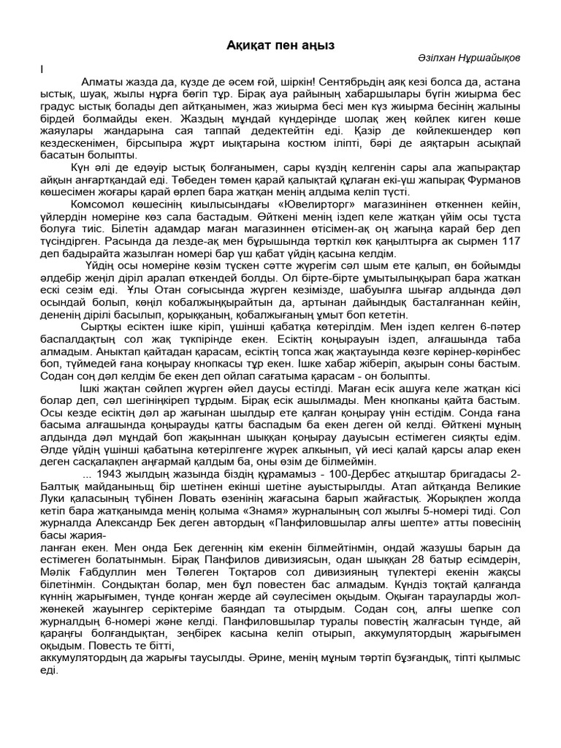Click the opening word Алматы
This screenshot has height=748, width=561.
pyautogui.click(x=103, y=82)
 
